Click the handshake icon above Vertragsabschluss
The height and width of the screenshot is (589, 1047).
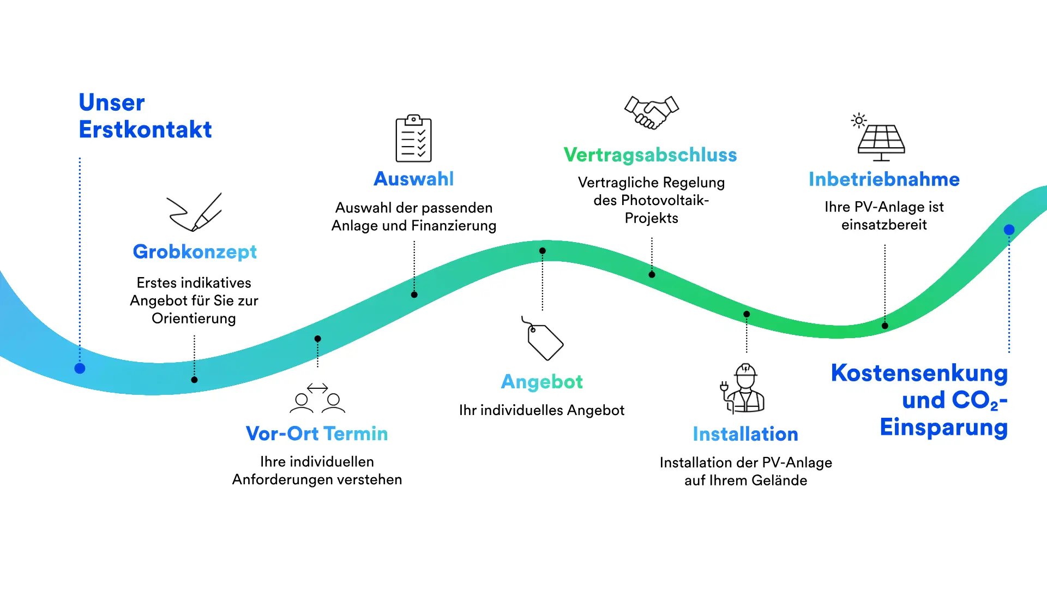pos(651,112)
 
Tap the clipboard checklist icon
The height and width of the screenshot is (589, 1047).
pos(413,139)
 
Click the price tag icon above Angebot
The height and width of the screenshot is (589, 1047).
pos(543,339)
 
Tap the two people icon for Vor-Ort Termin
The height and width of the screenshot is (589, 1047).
pos(317,398)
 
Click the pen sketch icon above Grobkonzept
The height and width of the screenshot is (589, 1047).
pos(195,212)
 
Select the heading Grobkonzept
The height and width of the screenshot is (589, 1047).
pos(195,252)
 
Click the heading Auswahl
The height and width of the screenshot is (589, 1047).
pos(413,179)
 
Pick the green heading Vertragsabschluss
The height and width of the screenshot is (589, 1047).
pos(650,155)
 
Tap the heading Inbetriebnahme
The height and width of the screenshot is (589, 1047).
pos(884,179)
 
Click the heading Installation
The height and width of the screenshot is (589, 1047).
pos(745,434)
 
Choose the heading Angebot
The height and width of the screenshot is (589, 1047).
pos(542,382)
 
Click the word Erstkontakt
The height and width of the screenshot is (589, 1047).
pos(145,130)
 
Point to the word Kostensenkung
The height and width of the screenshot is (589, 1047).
pos(919,374)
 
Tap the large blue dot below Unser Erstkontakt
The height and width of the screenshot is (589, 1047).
pos(80,369)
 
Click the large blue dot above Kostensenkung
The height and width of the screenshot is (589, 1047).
pos(1009,230)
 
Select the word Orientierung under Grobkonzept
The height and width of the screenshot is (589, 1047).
pos(194,318)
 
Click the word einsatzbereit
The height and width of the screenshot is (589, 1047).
pos(884,225)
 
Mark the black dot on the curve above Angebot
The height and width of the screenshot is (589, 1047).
pos(543,251)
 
